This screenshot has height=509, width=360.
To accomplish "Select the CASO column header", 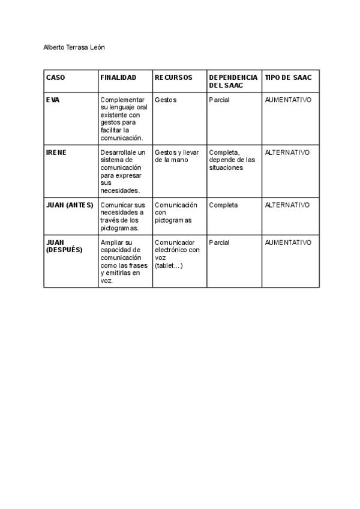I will click(56, 77).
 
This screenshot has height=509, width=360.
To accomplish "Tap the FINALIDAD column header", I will click(118, 77).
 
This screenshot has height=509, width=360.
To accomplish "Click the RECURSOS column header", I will click(173, 77).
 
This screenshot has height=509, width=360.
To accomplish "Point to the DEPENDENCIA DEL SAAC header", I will click(233, 82).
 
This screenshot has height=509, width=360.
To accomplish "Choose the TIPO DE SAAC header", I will click(288, 77).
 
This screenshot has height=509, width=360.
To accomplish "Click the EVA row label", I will click(53, 100).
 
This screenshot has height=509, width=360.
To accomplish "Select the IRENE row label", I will click(56, 152).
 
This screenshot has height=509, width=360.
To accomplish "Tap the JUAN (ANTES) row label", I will click(70, 205).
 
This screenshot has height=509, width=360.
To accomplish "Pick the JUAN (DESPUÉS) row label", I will click(64, 246).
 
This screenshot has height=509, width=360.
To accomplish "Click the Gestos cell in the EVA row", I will click(166, 100).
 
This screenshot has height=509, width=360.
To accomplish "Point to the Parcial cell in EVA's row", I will click(219, 100).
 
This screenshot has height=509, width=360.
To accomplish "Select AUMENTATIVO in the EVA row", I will click(288, 100).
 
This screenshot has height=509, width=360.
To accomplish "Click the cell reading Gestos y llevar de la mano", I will click(176, 156).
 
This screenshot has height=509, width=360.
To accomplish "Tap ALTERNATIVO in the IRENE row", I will click(287, 152).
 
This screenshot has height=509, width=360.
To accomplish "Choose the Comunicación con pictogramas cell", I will click(173, 212).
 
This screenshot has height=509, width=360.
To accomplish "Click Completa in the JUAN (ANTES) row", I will click(223, 205).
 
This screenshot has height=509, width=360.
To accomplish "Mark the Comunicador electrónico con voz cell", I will click(177, 254).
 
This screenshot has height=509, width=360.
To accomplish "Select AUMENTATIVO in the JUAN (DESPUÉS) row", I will click(288, 242).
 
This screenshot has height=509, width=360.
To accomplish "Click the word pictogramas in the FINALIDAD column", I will click(120, 228).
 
